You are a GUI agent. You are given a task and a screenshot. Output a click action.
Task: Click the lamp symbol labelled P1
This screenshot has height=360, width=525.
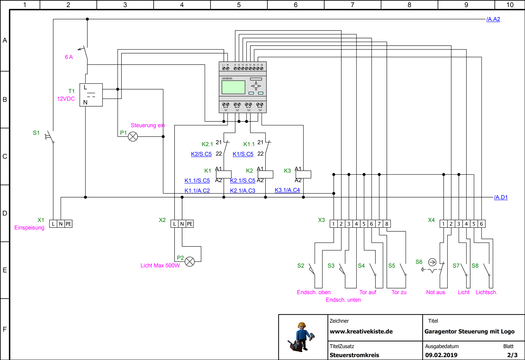(133, 137)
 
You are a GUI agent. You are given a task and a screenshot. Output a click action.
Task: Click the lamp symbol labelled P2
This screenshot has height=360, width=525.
(190, 262)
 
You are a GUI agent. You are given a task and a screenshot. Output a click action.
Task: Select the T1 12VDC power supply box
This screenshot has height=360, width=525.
(91, 95)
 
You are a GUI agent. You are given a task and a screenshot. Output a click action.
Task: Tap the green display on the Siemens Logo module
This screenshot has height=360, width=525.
(233, 87)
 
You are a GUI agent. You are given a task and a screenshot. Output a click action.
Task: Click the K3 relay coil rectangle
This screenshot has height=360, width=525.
(303, 175)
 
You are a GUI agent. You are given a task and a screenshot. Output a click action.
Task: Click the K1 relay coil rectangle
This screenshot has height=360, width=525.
(224, 175)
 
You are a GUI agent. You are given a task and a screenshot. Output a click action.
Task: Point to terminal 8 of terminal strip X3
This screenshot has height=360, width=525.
(387, 224)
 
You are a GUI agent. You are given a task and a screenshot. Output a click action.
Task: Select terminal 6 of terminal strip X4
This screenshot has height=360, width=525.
(481, 224)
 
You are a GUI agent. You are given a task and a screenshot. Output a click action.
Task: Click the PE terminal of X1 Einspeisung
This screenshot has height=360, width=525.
(68, 224)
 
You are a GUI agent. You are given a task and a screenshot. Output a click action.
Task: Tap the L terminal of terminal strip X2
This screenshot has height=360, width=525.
(175, 224)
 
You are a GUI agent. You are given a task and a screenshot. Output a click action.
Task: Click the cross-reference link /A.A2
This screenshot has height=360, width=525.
(493, 19)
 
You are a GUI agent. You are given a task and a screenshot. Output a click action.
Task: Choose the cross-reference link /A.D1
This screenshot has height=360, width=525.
(501, 197)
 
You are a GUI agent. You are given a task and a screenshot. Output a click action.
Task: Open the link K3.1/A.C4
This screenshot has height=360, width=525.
(287, 190)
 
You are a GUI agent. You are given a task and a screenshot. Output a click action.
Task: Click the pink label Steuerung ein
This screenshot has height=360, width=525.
(148, 125)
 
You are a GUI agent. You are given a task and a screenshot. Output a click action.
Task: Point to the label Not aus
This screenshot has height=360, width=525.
(435, 292)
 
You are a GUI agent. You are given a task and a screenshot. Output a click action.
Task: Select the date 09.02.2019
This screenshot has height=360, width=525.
(441, 355)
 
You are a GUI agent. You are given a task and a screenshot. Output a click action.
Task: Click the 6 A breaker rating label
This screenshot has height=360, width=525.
(69, 57)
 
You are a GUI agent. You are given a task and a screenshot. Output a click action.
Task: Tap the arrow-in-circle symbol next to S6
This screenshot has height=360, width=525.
(432, 262)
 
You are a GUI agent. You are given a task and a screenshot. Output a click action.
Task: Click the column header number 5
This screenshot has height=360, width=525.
(239, 5)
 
